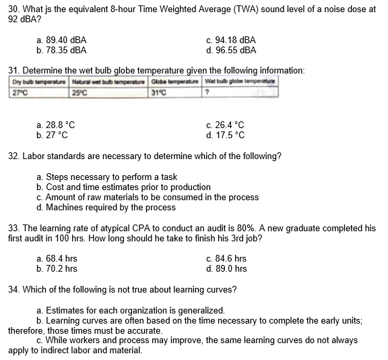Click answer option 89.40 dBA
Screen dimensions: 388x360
[x=61, y=40]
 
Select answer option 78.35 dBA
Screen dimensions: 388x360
[x=61, y=50]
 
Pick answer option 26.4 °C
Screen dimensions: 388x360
[x=226, y=125]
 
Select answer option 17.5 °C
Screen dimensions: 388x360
[x=226, y=134]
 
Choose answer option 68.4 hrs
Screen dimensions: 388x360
[x=57, y=258]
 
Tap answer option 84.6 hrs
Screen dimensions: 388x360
[x=227, y=258]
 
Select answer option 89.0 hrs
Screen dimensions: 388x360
[x=227, y=268]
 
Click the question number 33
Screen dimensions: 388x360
[x=13, y=229]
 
